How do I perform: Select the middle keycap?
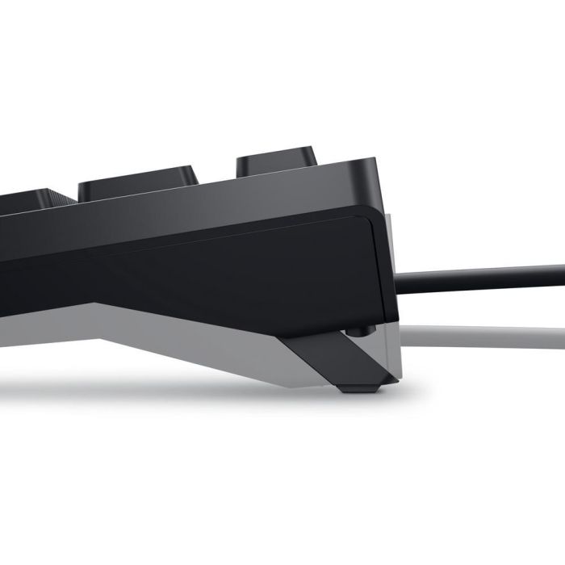pos(139,182)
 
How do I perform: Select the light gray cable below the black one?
pos(484,332)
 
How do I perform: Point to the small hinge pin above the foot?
pos(360,329)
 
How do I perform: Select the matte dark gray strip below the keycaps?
pos(202,202)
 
